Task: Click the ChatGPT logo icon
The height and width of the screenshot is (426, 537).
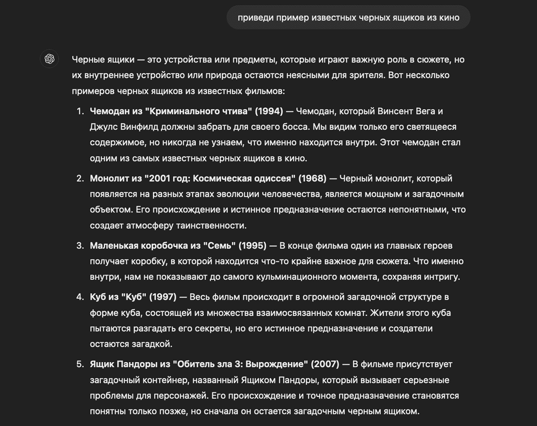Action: coord(50,59)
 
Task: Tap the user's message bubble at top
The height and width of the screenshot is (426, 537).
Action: coord(348,17)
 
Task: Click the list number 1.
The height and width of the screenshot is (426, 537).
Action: coord(80,111)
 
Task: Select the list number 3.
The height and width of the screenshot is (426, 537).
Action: coord(80,246)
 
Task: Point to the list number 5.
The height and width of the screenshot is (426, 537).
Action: coord(80,364)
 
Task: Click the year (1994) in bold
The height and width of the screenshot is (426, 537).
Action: coord(269,111)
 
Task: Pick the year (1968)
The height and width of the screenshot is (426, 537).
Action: coord(312,178)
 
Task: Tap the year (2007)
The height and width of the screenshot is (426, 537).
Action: coord(325,364)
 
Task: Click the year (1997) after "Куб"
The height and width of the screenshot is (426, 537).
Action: coord(163,297)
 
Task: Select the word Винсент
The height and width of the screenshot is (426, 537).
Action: coord(395,111)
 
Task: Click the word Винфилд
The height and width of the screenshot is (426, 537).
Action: coord(139,127)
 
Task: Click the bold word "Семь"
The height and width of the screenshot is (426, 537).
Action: coord(219,246)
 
